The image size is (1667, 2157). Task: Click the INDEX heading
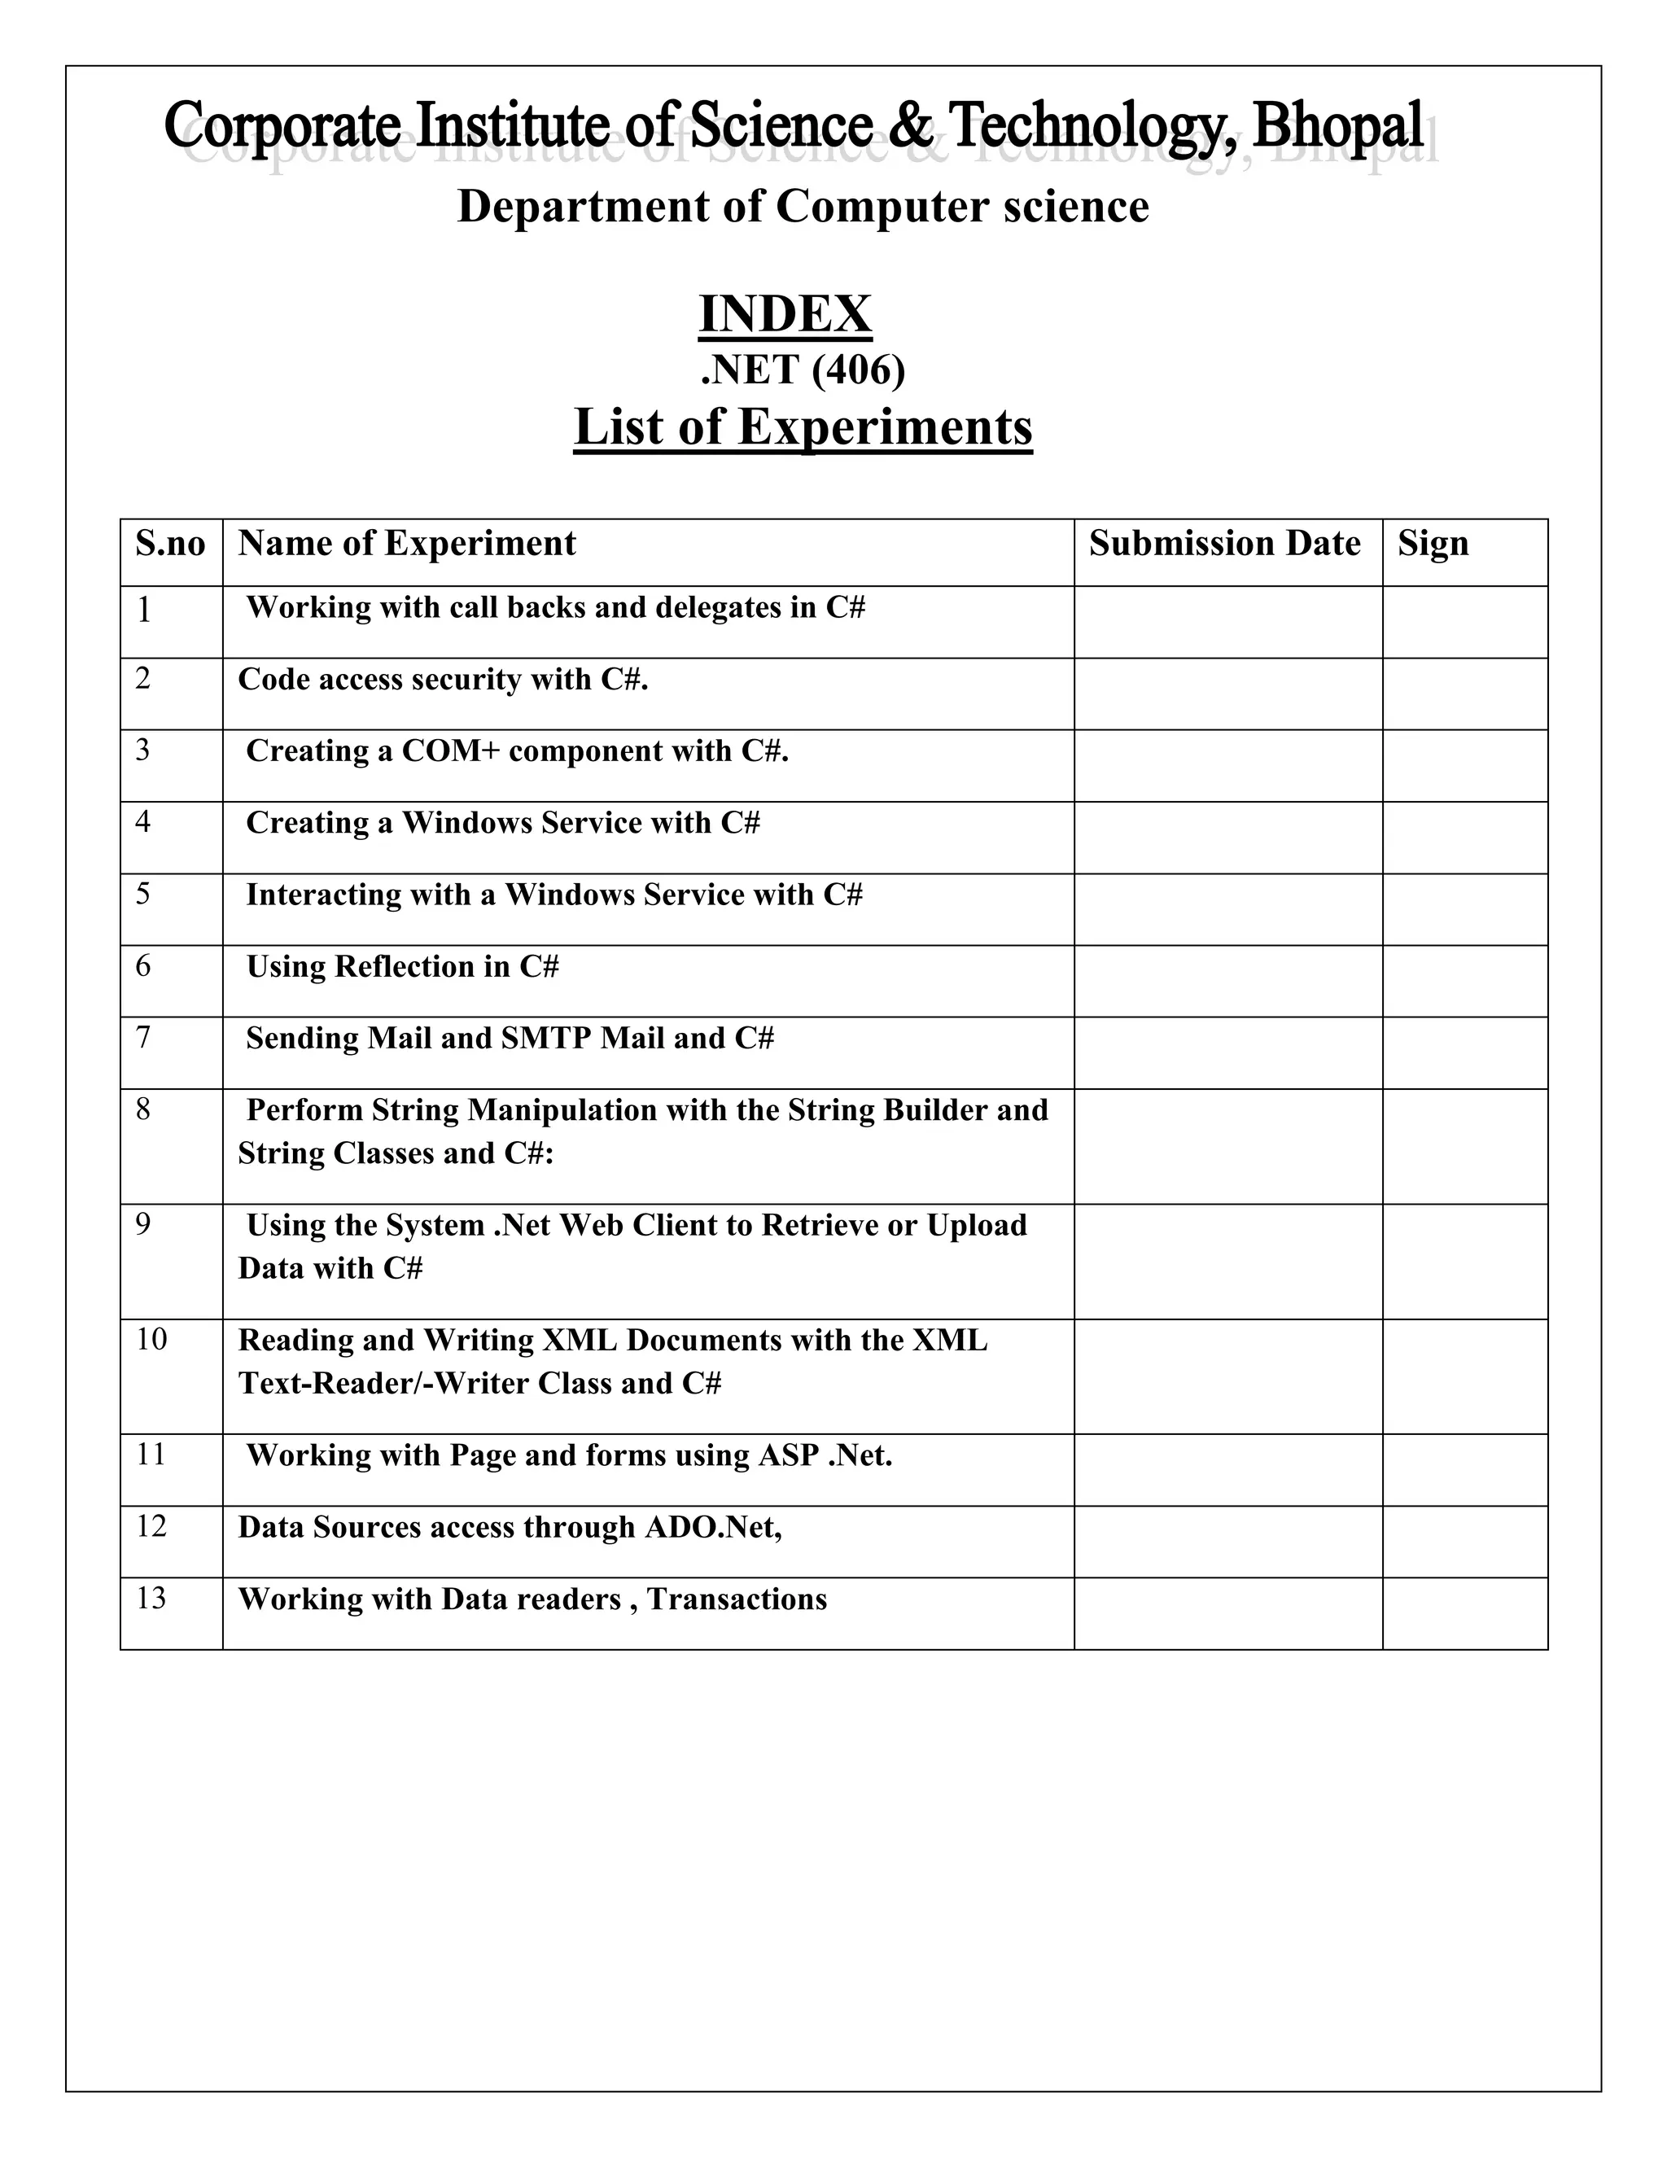(785, 314)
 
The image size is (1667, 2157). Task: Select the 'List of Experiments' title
(803, 427)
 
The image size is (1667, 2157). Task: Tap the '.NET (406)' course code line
(802, 370)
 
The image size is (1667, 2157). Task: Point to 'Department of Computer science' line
(803, 208)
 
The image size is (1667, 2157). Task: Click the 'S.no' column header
(171, 543)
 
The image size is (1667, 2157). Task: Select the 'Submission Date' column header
(1224, 543)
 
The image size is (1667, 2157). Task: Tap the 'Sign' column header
(1433, 543)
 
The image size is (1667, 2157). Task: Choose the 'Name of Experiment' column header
(407, 543)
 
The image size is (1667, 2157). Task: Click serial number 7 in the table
(143, 1037)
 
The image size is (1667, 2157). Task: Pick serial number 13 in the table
(151, 1598)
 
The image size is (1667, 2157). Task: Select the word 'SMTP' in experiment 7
(546, 1038)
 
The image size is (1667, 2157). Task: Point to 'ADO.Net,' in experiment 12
(713, 1527)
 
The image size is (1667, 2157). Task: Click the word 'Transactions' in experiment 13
(737, 1599)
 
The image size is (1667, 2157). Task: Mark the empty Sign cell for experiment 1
(1464, 622)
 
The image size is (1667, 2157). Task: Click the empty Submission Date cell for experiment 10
(1227, 1376)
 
